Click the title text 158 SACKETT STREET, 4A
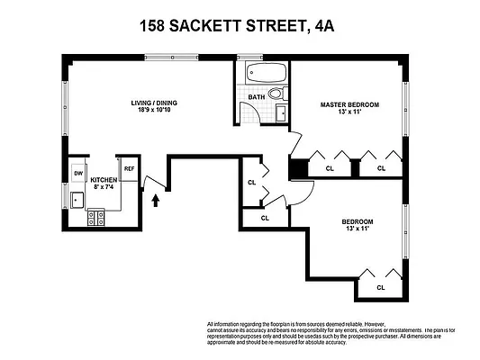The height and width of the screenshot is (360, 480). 239,27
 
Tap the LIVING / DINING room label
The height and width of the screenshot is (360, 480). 152,103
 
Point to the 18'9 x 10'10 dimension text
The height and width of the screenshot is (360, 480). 152,112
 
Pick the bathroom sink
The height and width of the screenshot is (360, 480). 279,113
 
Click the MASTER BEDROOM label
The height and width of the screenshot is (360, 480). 349,104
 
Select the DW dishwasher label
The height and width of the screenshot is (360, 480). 78,174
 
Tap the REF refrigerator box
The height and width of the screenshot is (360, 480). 129,168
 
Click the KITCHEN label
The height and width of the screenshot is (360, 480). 103,181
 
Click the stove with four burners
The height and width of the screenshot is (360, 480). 96,216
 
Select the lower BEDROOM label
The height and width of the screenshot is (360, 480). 358,221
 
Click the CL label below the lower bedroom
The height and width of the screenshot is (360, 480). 380,287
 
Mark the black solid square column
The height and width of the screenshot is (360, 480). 295,167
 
